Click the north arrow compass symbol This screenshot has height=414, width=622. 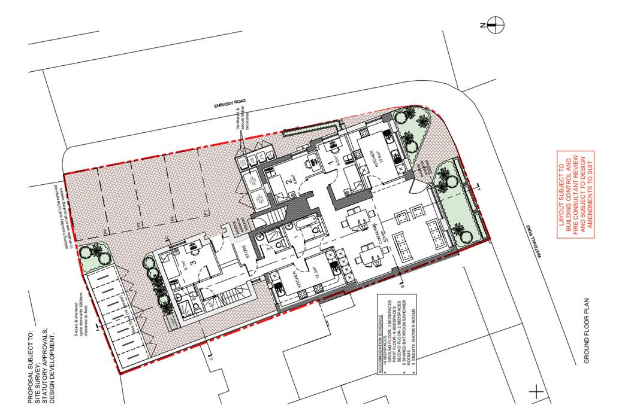496,25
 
